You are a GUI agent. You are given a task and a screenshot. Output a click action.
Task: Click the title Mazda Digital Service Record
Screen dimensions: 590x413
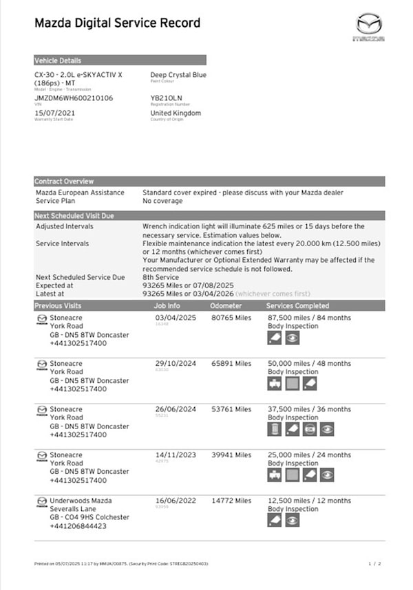[117, 23]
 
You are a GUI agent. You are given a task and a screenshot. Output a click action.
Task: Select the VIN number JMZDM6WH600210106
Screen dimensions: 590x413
[74, 98]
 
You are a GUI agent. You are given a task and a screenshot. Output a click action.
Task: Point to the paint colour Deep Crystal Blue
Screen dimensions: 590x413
[178, 75]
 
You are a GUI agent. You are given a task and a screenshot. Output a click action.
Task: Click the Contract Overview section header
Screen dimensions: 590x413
[64, 182]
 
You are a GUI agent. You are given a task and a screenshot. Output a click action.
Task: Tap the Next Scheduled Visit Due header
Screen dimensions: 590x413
[74, 216]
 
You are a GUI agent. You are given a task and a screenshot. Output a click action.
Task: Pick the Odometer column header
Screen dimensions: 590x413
[226, 305]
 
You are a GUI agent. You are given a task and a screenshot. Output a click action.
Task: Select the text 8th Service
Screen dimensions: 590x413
[160, 277]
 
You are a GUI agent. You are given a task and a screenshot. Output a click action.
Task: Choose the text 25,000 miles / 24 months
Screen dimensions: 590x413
[309, 455]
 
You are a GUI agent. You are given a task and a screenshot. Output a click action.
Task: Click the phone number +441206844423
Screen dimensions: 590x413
[78, 526]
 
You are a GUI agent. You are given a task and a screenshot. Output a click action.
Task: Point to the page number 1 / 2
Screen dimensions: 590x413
[374, 564]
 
